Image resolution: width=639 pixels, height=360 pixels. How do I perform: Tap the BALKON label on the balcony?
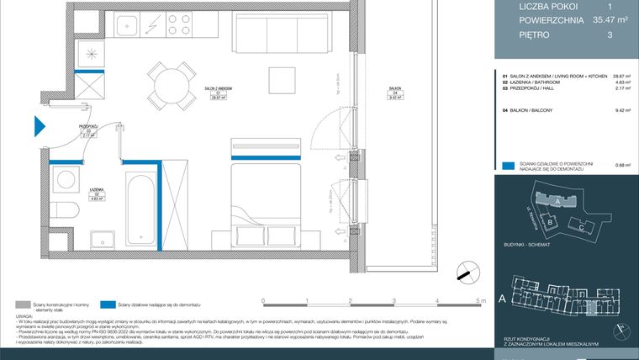(393, 89)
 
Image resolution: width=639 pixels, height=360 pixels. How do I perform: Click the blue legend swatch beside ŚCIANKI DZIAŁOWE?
(508, 166)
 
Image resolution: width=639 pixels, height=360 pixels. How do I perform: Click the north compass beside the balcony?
(462, 273)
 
